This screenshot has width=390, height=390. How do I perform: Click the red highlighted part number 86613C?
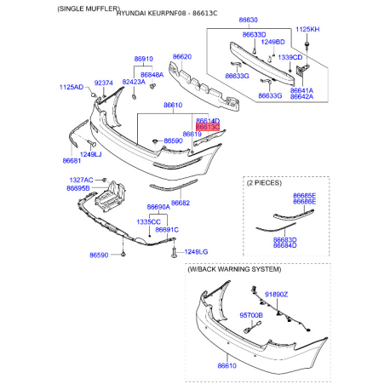pos(208,128)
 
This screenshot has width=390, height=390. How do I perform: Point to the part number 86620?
pos(183,57)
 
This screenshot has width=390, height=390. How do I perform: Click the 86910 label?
pos(143,60)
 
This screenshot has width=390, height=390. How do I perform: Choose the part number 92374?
pos(103,83)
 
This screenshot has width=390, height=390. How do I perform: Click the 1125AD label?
pos(72,87)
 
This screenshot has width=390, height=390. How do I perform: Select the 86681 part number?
pos(72,159)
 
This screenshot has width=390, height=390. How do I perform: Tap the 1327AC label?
pos(82,181)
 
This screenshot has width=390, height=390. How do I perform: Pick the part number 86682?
pos(181,203)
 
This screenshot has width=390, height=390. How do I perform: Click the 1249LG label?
pos(196,252)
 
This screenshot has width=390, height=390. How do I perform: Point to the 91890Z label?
pos(277,294)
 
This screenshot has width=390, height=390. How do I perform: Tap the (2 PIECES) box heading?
pos(265,182)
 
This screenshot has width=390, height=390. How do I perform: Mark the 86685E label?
pos(304,195)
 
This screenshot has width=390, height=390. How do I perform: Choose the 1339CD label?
pos(290,57)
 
